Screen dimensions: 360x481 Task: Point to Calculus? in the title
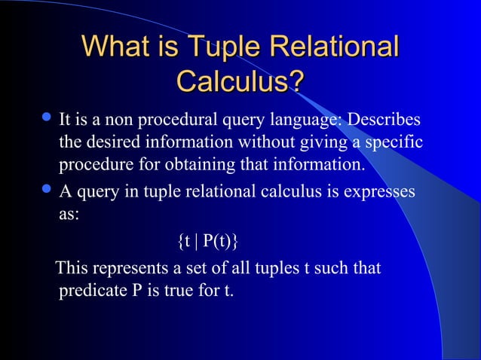pyautogui.click(x=240, y=81)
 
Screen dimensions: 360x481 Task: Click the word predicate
pyautogui.click(x=88, y=291)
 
